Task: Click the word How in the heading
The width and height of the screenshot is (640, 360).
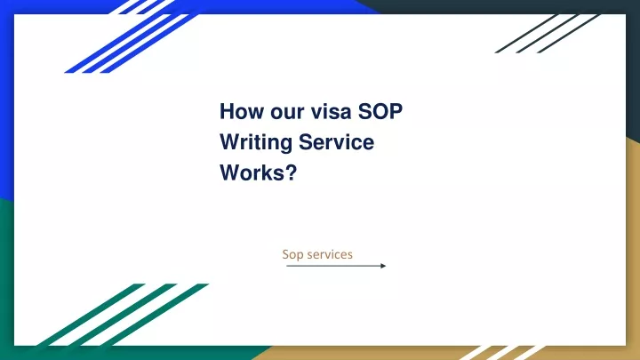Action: [242, 111]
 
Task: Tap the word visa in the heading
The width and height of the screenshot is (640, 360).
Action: [331, 111]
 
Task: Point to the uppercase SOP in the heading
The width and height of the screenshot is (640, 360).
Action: [380, 111]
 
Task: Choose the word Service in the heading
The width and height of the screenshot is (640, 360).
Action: [336, 142]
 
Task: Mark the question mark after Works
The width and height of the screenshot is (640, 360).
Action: [292, 172]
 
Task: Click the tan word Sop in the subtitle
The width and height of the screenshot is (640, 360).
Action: [292, 255]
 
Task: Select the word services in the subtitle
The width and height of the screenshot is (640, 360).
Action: [330, 255]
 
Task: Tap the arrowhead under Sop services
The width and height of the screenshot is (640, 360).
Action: [383, 266]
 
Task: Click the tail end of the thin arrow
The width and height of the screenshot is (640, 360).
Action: [287, 266]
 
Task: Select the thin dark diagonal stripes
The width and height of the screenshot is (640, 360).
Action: [548, 34]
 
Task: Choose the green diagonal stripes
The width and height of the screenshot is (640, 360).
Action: [123, 315]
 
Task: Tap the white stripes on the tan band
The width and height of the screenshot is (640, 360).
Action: [502, 353]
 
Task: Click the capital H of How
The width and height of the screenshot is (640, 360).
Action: [227, 111]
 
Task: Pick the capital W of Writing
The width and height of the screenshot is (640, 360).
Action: [231, 142]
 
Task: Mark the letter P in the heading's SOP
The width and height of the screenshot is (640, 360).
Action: [396, 111]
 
